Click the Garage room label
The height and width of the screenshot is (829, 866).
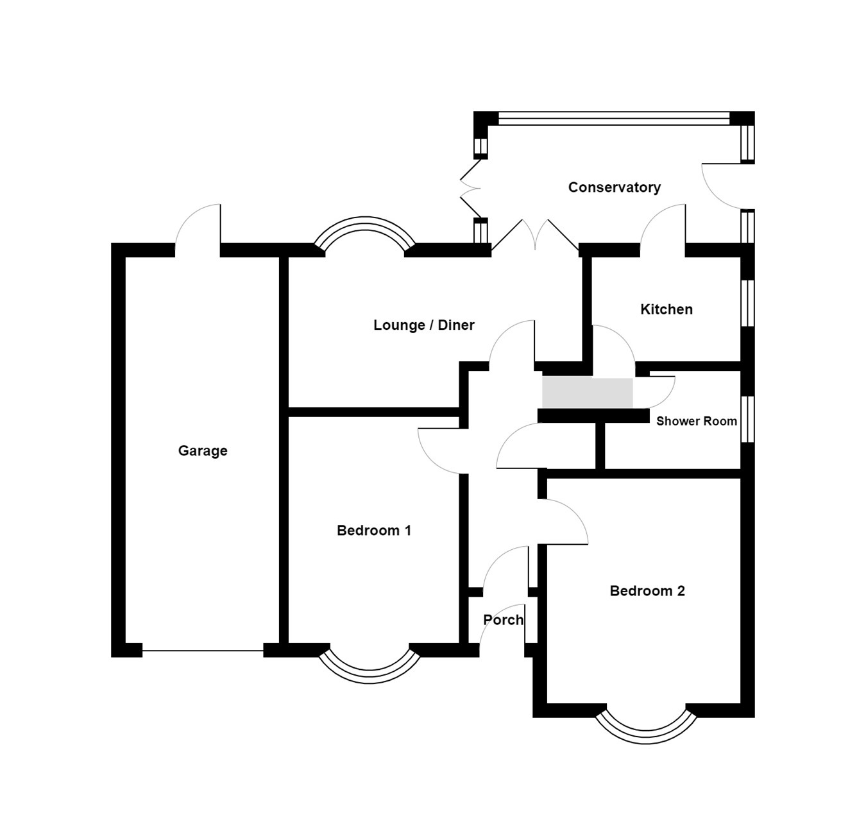click(x=203, y=450)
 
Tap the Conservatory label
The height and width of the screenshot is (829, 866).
click(x=614, y=187)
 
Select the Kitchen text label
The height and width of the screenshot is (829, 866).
click(x=666, y=309)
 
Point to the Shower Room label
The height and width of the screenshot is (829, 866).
click(x=696, y=421)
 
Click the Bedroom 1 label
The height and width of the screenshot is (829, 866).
click(x=373, y=530)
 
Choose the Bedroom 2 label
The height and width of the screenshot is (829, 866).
click(x=647, y=591)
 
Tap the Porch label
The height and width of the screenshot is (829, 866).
click(x=503, y=620)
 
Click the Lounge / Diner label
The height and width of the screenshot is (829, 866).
click(x=423, y=325)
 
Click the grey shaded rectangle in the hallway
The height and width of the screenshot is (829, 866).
click(x=587, y=393)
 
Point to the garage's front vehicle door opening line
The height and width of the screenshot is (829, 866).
click(x=203, y=651)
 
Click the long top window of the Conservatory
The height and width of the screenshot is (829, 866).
click(x=614, y=118)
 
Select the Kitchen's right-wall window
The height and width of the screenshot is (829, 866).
click(x=747, y=303)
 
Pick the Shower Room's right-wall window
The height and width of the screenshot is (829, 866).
click(x=747, y=419)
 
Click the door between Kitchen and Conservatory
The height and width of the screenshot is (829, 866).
click(x=663, y=228)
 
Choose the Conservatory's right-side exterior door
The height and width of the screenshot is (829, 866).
click(x=724, y=186)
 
